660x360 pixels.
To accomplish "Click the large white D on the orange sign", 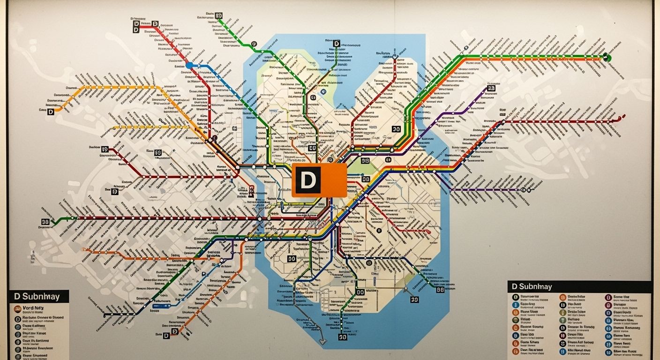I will [x=307, y=180].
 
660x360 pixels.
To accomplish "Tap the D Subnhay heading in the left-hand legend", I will [x=37, y=296].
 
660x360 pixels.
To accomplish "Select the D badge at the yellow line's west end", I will [x=51, y=112].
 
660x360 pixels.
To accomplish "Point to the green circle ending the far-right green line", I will [x=608, y=58].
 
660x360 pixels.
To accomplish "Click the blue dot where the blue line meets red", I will [x=189, y=65].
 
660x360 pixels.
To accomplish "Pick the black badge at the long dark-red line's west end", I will [x=45, y=222].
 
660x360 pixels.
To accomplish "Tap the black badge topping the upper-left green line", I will [x=219, y=15].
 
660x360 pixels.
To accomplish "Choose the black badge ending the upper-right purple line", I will [x=491, y=88].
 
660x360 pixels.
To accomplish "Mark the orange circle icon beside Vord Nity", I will [x=17, y=308].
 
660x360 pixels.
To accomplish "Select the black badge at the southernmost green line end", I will [x=342, y=337].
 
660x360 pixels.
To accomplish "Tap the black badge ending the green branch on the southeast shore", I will [x=440, y=290].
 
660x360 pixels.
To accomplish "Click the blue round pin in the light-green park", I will [x=323, y=92].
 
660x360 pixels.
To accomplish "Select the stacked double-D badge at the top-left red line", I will [x=136, y=26].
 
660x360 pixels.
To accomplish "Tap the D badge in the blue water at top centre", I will [x=337, y=43].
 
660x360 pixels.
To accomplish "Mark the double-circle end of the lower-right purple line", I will [x=525, y=190].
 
